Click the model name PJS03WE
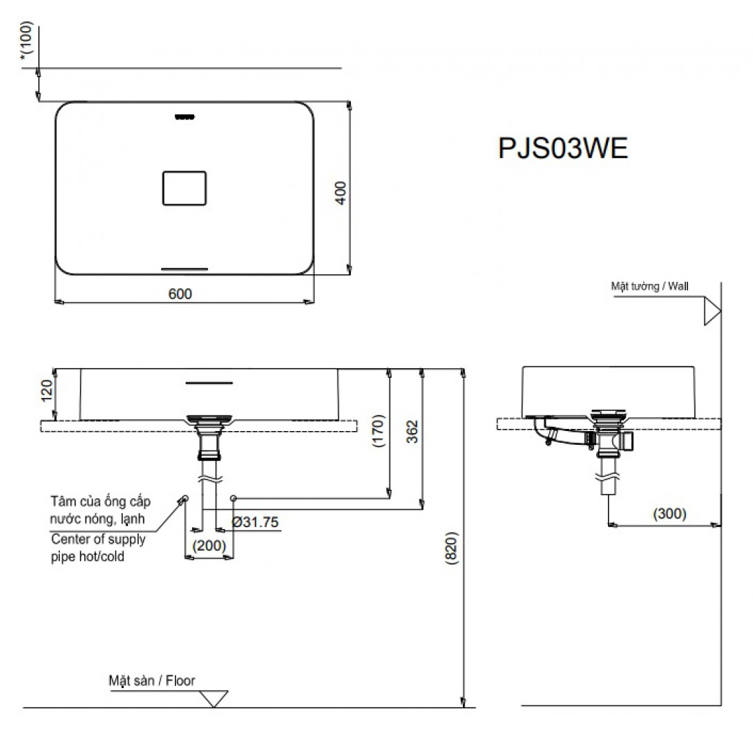(x=563, y=148)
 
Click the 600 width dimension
(x=180, y=294)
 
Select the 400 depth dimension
(x=341, y=193)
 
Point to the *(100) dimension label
(x=27, y=40)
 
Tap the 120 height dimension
(x=47, y=390)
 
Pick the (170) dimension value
(x=379, y=431)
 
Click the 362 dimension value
(x=412, y=431)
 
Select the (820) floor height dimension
(x=452, y=548)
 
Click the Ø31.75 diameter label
(x=256, y=522)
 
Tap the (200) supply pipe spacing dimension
(x=209, y=546)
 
